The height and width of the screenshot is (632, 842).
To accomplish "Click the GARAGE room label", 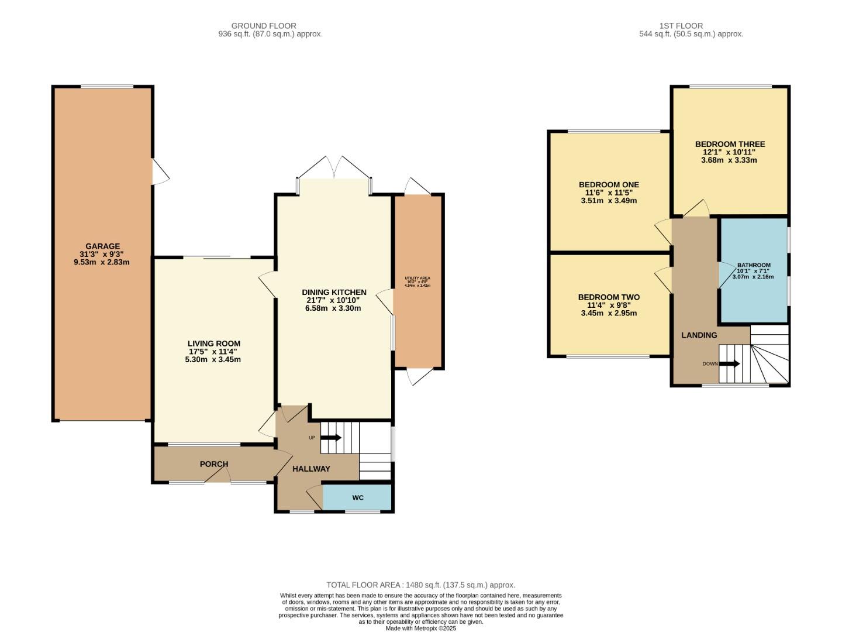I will click(x=102, y=246).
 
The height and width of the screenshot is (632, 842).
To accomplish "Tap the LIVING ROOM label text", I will click(x=213, y=344).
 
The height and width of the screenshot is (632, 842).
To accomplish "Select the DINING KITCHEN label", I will click(x=334, y=292).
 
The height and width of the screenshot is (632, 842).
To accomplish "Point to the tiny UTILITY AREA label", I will click(x=417, y=278).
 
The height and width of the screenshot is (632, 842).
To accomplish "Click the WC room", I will click(x=358, y=497).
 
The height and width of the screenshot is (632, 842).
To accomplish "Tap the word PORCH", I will click(x=213, y=464).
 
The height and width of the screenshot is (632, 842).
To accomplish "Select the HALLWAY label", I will click(x=311, y=469).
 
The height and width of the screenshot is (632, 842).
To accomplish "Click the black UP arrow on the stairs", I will click(x=331, y=437).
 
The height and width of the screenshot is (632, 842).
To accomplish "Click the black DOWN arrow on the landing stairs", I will click(x=729, y=363).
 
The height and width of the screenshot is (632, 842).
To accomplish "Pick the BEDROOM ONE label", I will click(x=609, y=185).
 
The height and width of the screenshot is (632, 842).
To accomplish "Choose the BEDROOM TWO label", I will click(x=609, y=297).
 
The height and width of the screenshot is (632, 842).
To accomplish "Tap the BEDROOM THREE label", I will click(x=730, y=144).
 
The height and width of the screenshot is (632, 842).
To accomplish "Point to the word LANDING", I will click(x=699, y=335).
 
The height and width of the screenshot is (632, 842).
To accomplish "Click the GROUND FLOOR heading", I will click(x=264, y=26).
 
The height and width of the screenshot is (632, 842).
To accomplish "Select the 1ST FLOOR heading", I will click(x=681, y=26).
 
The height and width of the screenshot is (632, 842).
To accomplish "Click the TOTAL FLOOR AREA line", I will click(x=420, y=585).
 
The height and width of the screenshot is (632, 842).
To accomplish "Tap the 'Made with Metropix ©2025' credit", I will click(x=420, y=628).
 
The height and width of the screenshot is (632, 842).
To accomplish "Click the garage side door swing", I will click(x=160, y=171).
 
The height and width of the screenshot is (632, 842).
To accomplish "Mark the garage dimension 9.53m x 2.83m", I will click(x=102, y=262).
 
